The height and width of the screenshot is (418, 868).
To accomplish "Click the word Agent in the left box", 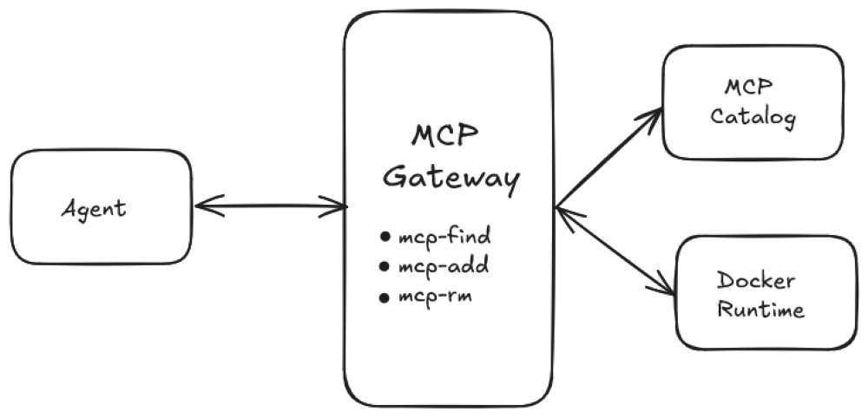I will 93,208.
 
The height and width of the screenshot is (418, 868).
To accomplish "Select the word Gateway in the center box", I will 450,180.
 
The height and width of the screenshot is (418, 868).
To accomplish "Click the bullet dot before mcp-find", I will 385,237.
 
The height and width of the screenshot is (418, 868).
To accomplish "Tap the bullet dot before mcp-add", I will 385,266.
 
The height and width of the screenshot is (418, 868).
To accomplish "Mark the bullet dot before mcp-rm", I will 385,297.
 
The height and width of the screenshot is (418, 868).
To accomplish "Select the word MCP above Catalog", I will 749,88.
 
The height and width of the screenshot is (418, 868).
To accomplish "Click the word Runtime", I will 760,309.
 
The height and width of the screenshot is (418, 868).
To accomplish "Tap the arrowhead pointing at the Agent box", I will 204,206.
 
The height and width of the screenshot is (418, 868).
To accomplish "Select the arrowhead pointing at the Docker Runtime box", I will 665,288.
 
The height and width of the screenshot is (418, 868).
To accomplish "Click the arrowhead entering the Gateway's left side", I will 339,206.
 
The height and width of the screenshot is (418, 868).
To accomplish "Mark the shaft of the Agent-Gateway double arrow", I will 271,206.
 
